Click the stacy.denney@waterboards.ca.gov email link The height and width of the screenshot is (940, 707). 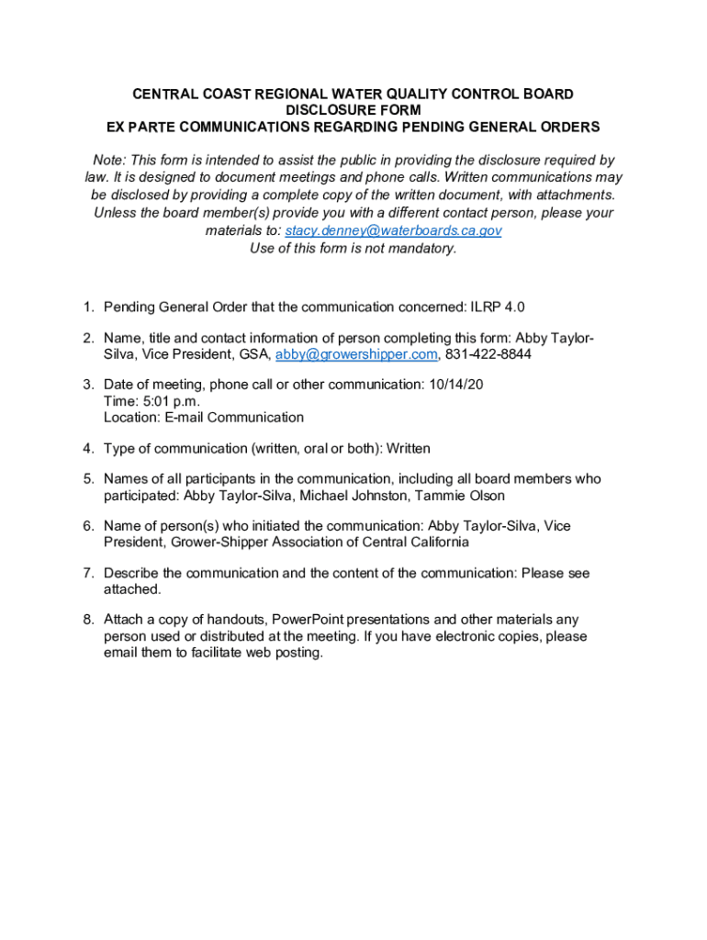point(393,230)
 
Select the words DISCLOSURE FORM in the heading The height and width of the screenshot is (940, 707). point(353,110)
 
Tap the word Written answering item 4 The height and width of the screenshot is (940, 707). point(409,449)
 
